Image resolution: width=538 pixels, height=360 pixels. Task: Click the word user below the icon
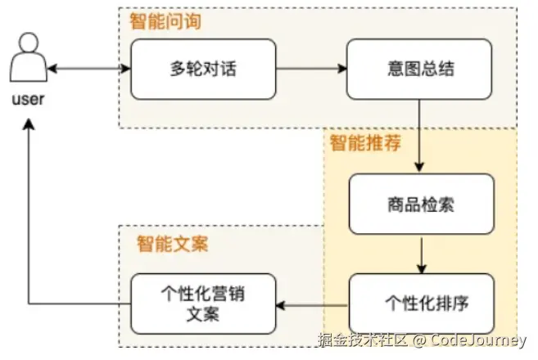(28, 100)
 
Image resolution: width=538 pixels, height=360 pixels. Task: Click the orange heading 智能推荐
(365, 145)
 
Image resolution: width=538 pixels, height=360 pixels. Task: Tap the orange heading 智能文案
(172, 243)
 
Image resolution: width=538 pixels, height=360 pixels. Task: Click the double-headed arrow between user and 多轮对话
(90, 69)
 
